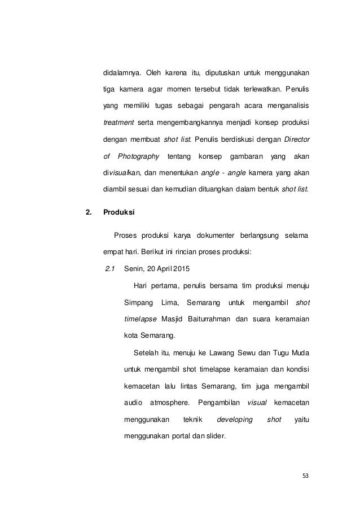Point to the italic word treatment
tap(118, 123)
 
